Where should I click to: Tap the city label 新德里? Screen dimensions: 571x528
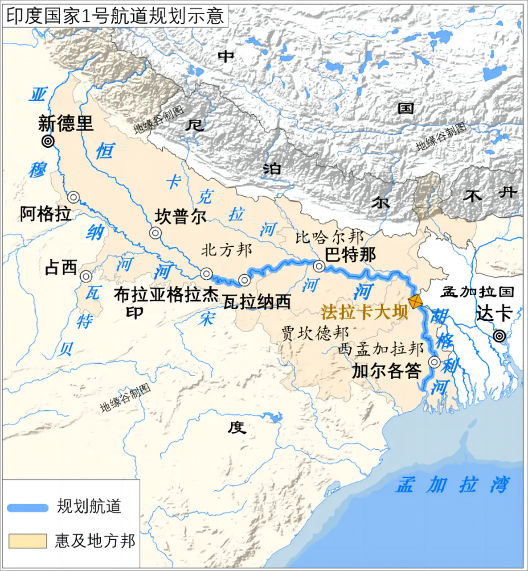tap(66, 123)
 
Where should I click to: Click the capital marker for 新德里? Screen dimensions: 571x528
tap(48, 142)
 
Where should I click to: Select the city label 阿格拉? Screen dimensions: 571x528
tap(45, 215)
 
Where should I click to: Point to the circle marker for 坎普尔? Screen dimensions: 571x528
tap(155, 232)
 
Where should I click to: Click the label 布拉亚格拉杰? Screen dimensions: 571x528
tap(166, 294)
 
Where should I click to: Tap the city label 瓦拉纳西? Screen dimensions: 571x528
tap(257, 302)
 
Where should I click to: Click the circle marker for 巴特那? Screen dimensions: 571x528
tap(319, 266)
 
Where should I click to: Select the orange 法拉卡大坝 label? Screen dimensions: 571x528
tap(364, 312)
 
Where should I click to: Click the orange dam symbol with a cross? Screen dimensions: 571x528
tap(416, 302)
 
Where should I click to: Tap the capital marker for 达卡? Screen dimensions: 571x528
tap(500, 335)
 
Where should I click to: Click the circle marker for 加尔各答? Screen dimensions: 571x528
tap(434, 362)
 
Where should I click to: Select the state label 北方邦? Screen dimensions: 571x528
tap(226, 250)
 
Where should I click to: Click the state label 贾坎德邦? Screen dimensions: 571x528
tap(315, 333)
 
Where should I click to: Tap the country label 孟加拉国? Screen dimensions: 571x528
tap(477, 292)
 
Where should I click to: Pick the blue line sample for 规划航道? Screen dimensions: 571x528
tap(28, 508)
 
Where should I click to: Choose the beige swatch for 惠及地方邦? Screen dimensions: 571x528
tap(28, 541)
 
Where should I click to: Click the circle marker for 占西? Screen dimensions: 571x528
tap(86, 276)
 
